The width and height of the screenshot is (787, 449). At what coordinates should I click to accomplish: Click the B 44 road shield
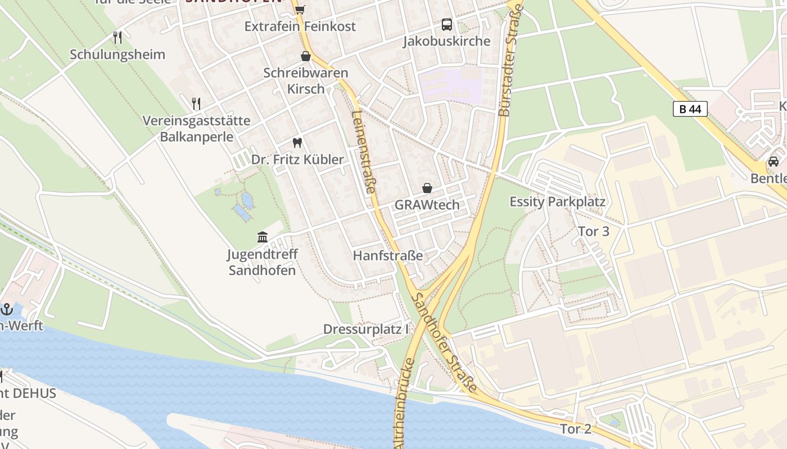690,109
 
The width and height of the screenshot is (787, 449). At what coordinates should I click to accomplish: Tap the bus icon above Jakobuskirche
447,25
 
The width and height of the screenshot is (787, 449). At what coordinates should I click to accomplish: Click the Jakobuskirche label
447,41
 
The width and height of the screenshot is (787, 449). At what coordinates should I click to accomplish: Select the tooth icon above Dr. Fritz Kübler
297,143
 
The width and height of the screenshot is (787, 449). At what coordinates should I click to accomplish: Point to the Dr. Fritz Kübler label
297,159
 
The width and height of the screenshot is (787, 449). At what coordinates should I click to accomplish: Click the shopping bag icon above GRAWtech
427,188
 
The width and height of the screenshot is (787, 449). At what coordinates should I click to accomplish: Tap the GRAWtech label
427,205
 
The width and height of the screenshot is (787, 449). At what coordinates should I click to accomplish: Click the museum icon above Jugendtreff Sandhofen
263,237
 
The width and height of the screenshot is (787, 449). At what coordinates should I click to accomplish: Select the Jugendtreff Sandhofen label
263,262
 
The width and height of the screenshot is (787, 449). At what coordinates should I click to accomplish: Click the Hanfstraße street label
388,255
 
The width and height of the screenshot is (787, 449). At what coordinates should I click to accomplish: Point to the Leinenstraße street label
363,152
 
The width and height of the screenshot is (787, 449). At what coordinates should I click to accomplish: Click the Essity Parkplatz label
557,201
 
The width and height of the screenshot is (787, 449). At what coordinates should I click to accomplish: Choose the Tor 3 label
594,231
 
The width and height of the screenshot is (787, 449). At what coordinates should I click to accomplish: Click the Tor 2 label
576,429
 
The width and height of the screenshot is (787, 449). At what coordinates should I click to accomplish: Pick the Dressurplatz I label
366,329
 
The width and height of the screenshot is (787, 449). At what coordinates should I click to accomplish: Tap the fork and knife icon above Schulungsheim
117,38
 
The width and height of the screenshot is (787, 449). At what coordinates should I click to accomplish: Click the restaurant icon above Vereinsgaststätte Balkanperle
196,104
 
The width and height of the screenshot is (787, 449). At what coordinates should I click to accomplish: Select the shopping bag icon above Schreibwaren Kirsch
306,56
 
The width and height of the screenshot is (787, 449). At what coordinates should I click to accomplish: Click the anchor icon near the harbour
7,309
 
